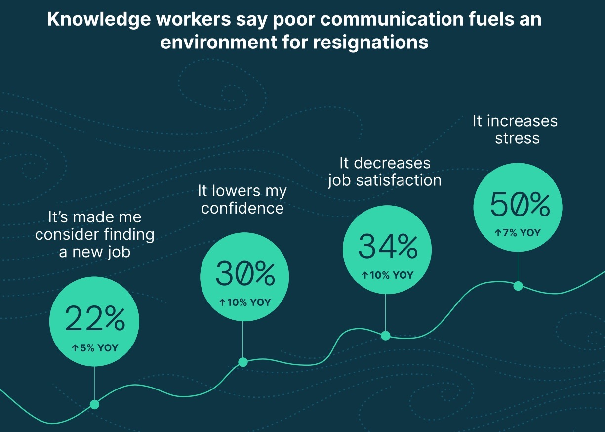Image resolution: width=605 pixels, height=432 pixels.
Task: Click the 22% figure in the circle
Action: (95, 319)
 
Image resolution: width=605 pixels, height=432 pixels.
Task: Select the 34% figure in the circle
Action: (388, 247)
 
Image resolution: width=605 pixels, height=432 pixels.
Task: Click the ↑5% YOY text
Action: (95, 348)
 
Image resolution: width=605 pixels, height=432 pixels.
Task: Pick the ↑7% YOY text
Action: (518, 233)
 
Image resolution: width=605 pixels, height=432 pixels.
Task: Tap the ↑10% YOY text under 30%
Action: (245, 302)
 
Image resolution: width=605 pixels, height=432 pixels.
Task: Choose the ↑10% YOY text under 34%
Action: (387, 275)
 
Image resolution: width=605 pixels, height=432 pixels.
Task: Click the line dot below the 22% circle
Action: (94, 405)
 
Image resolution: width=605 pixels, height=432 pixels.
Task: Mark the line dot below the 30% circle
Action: (243, 362)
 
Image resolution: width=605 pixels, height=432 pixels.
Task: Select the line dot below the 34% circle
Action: (386, 336)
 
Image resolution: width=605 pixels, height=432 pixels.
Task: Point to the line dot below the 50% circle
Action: (518, 286)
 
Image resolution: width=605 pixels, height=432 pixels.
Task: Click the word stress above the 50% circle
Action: (518, 138)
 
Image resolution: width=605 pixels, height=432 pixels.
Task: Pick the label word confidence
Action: (242, 208)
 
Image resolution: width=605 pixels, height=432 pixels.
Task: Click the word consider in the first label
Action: (66, 234)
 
